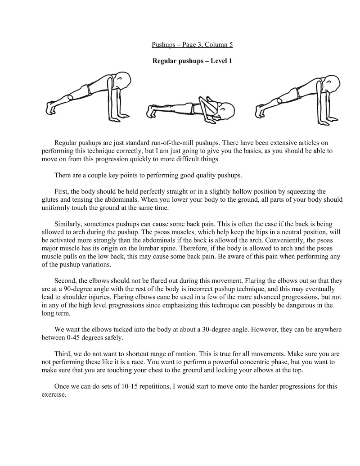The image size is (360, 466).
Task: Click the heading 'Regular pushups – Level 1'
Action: pyautogui.click(x=192, y=60)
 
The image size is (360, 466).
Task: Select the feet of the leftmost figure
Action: pyautogui.click(x=50, y=108)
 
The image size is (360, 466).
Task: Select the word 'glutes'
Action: pyautogui.click(x=50, y=199)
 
